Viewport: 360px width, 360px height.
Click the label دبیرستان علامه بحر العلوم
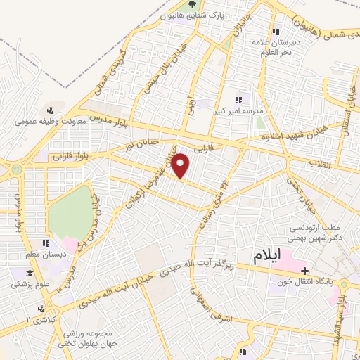[276, 47]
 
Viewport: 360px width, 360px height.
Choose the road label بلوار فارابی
[69, 157]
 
